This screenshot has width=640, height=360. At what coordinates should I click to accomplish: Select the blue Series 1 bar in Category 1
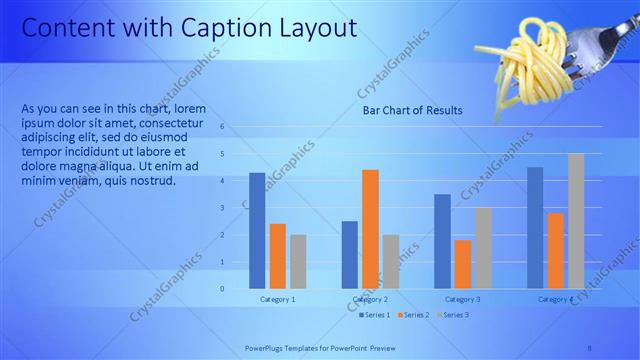pos(257,230)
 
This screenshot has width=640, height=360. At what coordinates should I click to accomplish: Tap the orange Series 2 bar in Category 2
pos(370,228)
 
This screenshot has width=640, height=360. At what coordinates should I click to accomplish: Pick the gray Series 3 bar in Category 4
pos(576,220)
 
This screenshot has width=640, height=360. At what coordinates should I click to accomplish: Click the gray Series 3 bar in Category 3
pos(483,248)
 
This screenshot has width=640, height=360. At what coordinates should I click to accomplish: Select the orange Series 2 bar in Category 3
pos(463,264)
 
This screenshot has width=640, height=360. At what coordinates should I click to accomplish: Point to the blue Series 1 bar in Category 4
pos(535,227)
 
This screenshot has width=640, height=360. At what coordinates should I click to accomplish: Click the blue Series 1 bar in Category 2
pos(349,254)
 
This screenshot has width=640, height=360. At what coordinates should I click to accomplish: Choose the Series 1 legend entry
pos(375,315)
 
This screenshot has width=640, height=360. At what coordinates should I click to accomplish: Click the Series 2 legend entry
pos(413,315)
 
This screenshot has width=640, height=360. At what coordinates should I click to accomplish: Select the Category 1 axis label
pos(277,299)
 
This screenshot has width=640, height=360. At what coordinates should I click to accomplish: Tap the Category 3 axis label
pos(462,299)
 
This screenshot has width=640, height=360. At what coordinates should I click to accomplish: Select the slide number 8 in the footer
pos(589,349)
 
